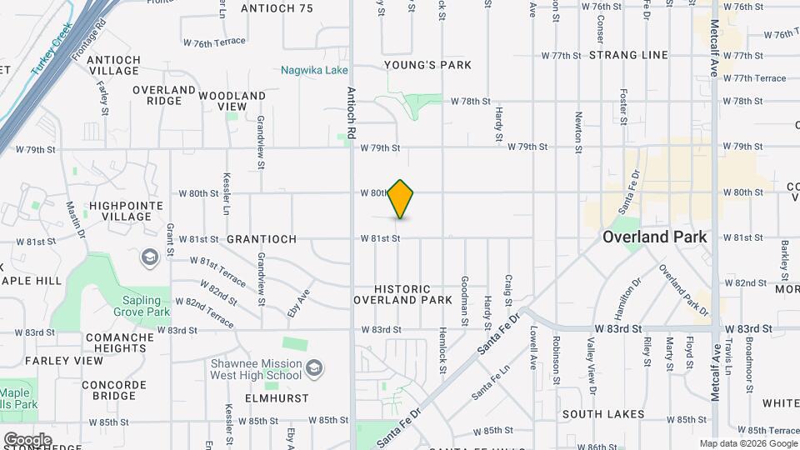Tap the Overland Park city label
tap(654, 237)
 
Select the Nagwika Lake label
tap(314, 70)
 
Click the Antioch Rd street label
tap(352, 113)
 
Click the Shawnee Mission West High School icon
tap(314, 367)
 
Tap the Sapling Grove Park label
tap(135, 306)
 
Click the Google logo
tap(27, 439)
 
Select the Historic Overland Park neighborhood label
tap(402, 294)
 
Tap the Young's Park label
tap(427, 65)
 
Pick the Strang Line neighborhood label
tap(628, 55)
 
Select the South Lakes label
tap(602, 414)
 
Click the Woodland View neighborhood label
tap(222, 101)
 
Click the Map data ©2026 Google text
tap(747, 443)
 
